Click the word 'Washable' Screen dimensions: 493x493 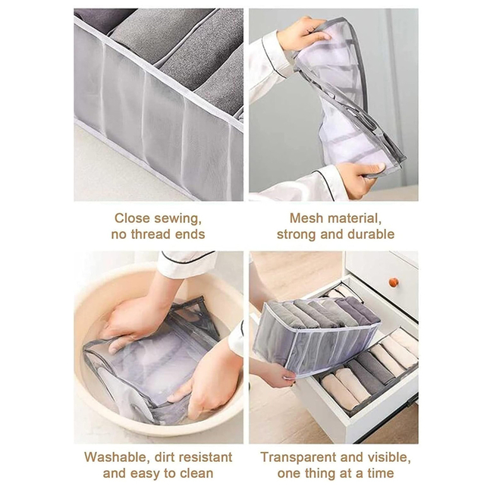114,457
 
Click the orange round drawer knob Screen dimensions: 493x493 393,283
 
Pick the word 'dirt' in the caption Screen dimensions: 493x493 159,457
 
